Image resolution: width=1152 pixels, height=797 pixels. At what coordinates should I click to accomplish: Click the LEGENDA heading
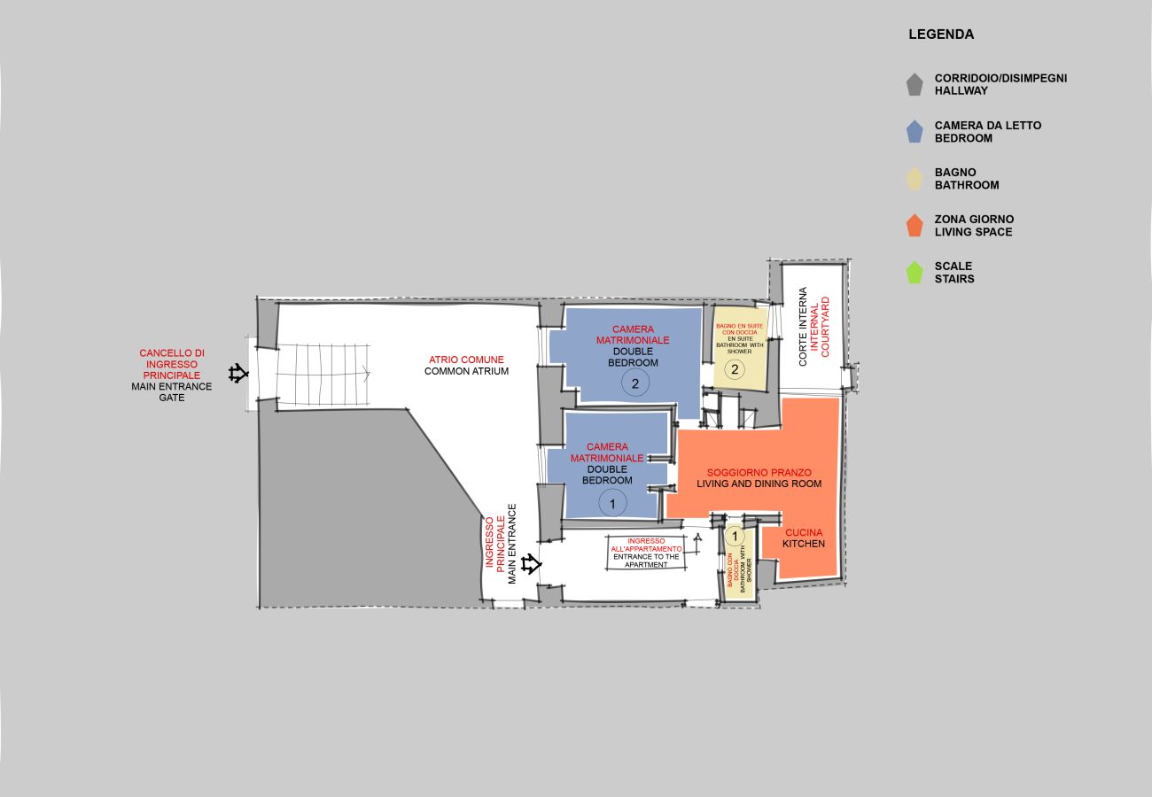pos(940,35)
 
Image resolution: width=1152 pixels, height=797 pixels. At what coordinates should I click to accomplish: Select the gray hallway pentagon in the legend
pos(915,84)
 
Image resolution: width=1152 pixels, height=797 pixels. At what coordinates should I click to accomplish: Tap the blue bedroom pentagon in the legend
pos(915,132)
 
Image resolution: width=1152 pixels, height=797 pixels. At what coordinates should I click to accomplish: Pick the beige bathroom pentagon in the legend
pos(915,179)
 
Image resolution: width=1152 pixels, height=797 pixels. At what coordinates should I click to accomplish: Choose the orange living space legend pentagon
pos(915,226)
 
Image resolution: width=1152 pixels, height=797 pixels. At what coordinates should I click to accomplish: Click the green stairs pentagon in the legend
pos(915,273)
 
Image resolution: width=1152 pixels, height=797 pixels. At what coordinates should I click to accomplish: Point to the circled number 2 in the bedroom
pos(634,383)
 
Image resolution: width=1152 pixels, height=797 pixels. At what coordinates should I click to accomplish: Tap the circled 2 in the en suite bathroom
pos(735,370)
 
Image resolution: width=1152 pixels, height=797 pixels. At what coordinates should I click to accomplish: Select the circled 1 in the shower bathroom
pos(734,536)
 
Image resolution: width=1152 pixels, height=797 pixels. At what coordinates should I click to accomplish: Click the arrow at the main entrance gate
pos(238,374)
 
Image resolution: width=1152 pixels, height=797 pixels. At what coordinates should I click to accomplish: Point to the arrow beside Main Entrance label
pos(531,563)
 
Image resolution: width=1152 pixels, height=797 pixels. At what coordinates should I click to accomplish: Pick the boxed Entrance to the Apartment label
pos(646,552)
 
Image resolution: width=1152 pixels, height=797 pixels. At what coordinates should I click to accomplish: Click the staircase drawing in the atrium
pos(321,375)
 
